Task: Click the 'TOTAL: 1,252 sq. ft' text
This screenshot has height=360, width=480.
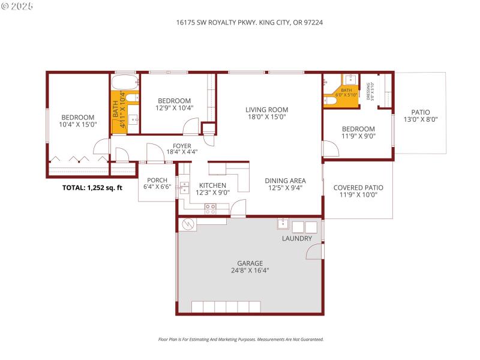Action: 92,188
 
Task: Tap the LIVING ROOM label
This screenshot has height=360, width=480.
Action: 266,110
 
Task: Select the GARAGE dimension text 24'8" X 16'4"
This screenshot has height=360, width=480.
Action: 250,271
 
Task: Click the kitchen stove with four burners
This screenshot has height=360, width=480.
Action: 211,208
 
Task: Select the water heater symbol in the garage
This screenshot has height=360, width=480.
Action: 187,224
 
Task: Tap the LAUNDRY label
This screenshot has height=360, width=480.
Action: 297,239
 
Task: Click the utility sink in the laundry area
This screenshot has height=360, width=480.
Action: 283,226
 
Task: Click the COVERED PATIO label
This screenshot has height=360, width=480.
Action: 358,188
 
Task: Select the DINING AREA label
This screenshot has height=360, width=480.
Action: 286,181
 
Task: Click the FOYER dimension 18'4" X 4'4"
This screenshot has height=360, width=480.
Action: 182,152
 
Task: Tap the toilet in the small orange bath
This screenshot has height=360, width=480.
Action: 329,100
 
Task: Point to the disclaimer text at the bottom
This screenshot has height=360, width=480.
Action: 240,339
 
